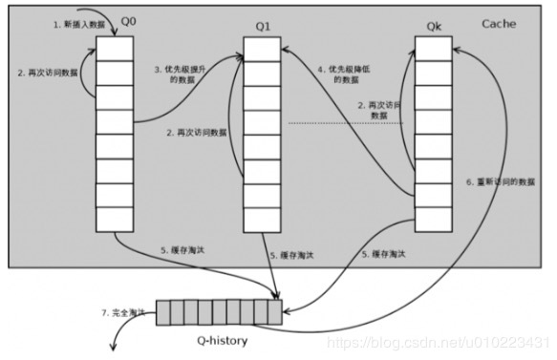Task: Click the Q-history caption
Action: click(x=221, y=335)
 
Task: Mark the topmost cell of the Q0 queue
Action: click(x=114, y=48)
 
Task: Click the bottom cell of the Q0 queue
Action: click(x=114, y=220)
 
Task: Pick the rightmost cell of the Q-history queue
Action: click(x=275, y=312)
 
